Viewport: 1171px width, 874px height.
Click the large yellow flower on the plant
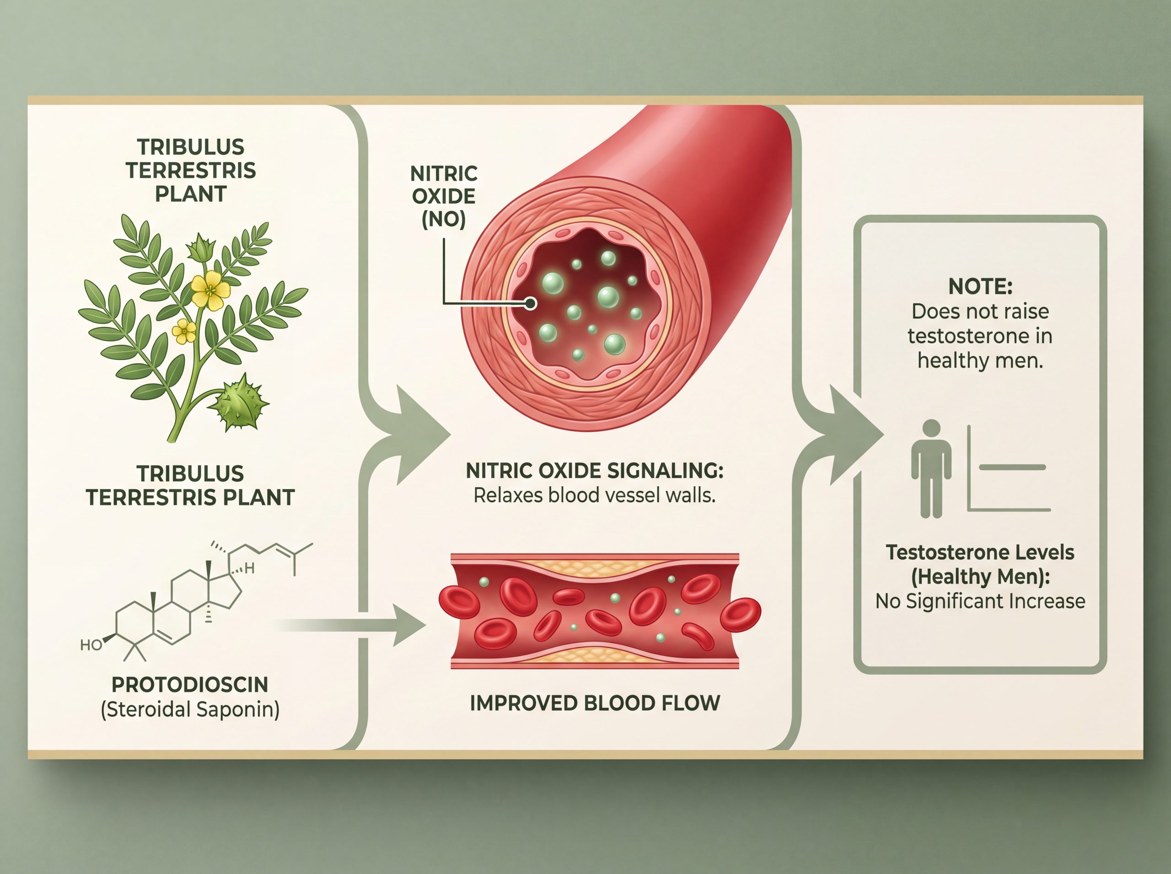[x=210, y=290]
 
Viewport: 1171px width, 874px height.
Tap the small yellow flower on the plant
[x=184, y=332]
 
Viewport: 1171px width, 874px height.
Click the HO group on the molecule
[x=91, y=645]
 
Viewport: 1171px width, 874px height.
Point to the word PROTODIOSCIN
[x=190, y=685]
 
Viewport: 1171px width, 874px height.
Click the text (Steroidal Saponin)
[x=190, y=709]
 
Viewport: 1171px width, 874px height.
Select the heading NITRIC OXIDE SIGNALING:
[x=594, y=470]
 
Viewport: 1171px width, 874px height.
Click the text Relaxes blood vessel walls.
[x=594, y=495]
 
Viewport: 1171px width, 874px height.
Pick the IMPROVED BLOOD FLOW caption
[x=595, y=702]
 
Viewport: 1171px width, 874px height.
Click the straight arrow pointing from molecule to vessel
[x=349, y=625]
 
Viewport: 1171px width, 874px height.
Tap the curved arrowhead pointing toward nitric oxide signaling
[x=418, y=435]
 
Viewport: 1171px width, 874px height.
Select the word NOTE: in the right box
[x=980, y=286]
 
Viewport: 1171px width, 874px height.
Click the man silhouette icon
[x=931, y=469]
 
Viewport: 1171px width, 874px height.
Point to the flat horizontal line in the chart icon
[x=1012, y=467]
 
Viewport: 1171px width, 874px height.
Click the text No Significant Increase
[x=980, y=601]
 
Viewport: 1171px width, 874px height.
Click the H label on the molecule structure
[x=249, y=568]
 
